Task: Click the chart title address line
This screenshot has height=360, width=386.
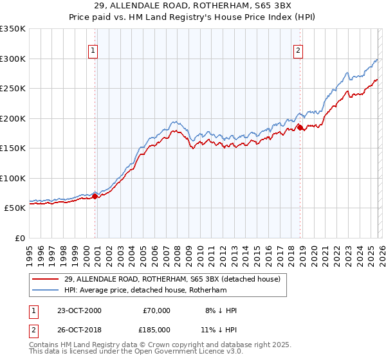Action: coord(192,6)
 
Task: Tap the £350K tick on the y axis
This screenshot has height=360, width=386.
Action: coord(13,29)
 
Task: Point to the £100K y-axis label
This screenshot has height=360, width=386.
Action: coord(13,178)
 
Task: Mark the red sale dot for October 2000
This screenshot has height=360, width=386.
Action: coord(95,196)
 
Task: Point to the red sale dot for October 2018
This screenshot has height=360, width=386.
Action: coord(300,128)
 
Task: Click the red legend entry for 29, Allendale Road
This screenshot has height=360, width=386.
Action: coord(171,280)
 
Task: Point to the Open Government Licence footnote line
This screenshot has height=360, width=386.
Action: coord(136,352)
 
